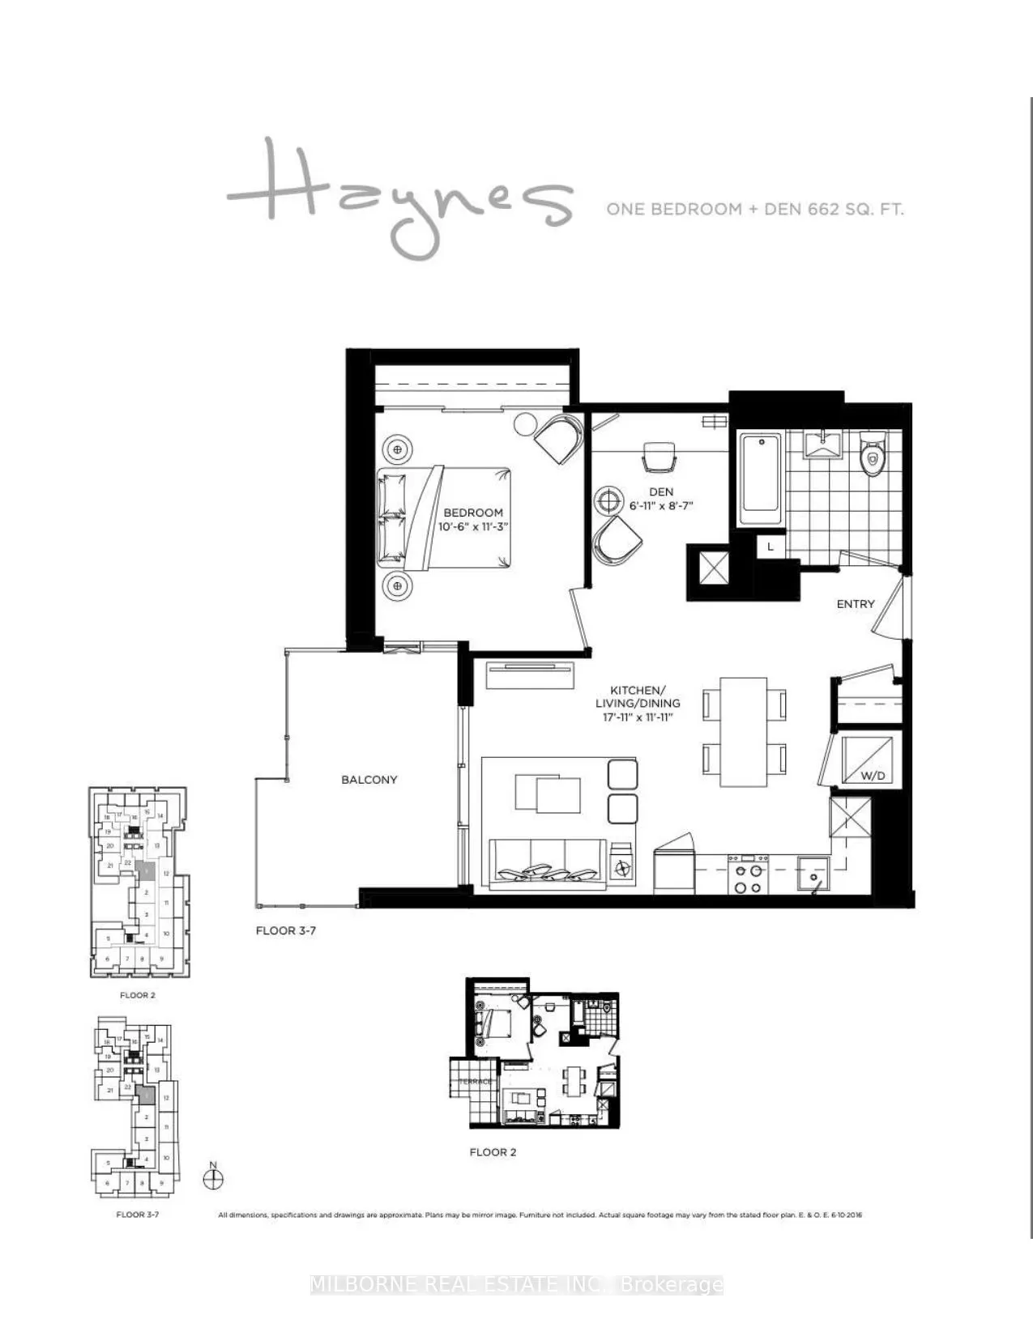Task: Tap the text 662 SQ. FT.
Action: coord(855,210)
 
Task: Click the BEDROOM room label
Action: coord(473,513)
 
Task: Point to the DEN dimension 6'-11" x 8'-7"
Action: coord(661,506)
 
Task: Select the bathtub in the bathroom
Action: coord(761,474)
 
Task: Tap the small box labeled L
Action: coord(770,547)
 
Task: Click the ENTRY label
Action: coord(856,604)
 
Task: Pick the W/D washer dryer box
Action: coord(869,759)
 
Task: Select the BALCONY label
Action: coord(369,780)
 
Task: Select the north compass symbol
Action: coord(213,1178)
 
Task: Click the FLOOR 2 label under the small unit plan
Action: coord(493,1152)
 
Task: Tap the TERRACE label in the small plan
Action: coord(476,1082)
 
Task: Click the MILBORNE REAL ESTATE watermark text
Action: coord(516,1285)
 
